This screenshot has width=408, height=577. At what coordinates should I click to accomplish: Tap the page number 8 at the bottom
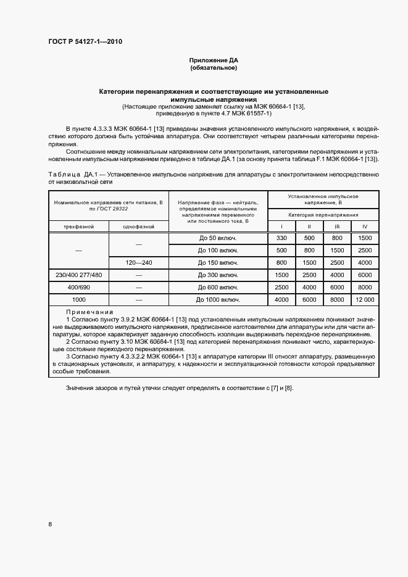(x=51, y=525)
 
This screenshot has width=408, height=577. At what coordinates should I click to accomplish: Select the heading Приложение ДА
(x=214, y=60)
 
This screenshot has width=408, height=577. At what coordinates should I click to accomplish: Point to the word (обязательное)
(x=214, y=68)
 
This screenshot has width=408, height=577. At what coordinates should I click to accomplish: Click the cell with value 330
(x=281, y=238)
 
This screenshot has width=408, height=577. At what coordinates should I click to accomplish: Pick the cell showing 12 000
(x=365, y=300)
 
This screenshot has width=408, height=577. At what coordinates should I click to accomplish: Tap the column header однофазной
(x=138, y=227)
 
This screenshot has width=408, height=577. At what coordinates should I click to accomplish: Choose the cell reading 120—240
(x=138, y=263)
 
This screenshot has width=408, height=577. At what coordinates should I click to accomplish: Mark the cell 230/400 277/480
(x=78, y=275)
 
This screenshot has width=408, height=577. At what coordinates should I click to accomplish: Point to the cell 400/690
(x=78, y=288)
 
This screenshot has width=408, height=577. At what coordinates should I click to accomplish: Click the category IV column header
(x=365, y=227)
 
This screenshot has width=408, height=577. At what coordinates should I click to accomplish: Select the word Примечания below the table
(x=94, y=313)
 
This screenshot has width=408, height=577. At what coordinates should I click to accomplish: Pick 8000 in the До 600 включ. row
(x=365, y=288)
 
